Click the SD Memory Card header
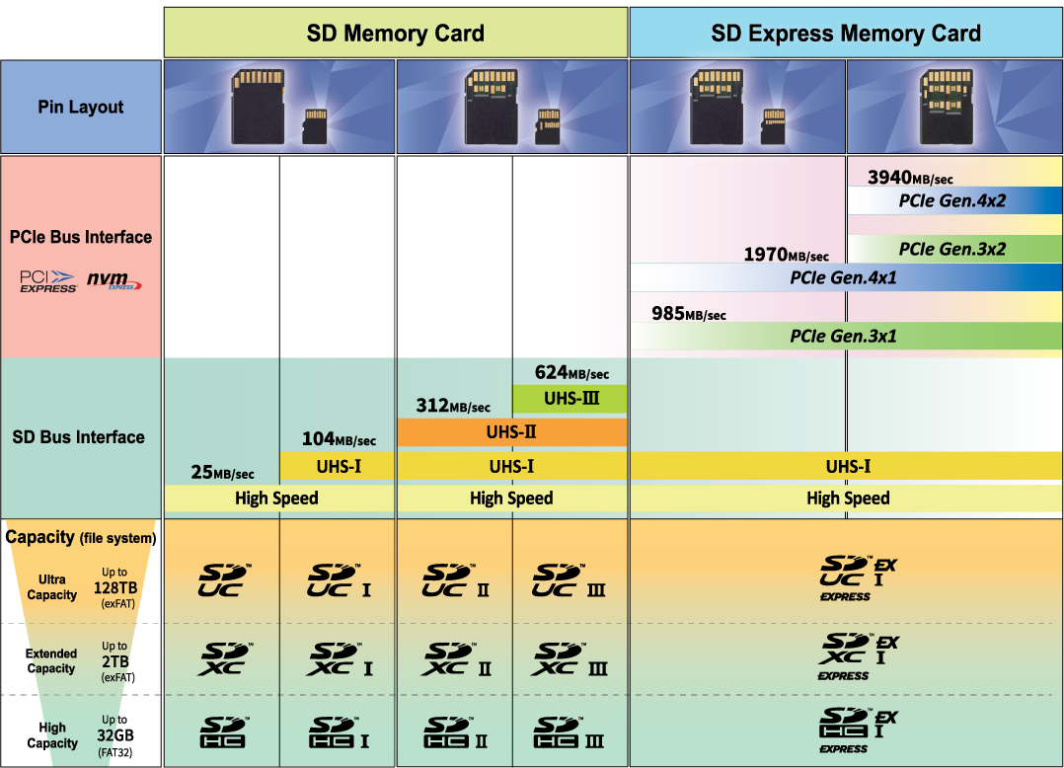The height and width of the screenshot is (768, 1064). click(x=395, y=34)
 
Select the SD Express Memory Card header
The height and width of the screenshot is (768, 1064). click(x=846, y=34)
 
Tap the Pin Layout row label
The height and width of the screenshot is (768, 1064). click(x=81, y=107)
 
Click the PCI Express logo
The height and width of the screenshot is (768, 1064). click(x=48, y=281)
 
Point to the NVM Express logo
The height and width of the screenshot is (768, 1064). click(x=114, y=281)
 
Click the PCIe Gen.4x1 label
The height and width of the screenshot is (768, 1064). click(x=844, y=277)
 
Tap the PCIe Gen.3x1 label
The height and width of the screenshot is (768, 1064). click(x=844, y=336)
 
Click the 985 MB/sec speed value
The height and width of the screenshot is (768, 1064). click(x=689, y=314)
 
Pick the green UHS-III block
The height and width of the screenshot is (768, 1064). click(x=570, y=399)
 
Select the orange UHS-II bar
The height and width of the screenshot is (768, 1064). click(x=511, y=431)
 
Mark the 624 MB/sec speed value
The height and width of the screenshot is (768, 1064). click(x=571, y=372)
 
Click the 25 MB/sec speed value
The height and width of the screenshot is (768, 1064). click(x=222, y=473)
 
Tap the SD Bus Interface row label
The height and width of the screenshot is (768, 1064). click(x=79, y=436)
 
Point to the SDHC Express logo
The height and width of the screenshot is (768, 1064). click(x=858, y=730)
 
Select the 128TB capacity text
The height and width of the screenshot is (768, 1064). click(x=114, y=587)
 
